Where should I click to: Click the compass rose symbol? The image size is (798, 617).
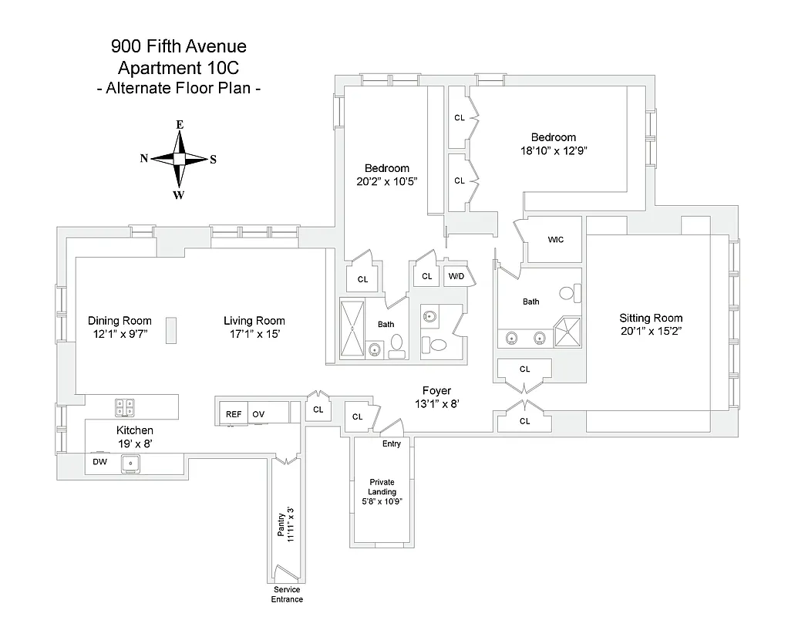click(179, 159)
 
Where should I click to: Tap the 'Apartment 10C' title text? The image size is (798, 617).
click(179, 67)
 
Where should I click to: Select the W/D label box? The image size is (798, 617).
click(456, 276)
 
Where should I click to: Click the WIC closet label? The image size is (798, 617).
click(555, 240)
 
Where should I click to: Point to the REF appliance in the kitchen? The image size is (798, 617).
click(233, 414)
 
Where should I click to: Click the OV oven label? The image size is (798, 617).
click(258, 414)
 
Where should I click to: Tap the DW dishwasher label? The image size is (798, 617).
click(100, 462)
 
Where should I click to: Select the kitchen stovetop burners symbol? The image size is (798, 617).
click(125, 406)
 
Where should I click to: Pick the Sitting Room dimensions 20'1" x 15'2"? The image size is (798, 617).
click(652, 332)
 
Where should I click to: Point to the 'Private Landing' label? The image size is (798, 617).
click(382, 487)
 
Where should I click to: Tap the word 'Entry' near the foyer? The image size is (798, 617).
click(392, 444)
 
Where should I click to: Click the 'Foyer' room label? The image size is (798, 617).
click(436, 391)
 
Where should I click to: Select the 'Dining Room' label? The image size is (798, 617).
click(120, 321)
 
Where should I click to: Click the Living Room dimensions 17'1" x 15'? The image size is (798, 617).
click(254, 335)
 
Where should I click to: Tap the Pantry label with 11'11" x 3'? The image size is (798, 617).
click(285, 524)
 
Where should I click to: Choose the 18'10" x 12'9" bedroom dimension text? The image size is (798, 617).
click(555, 151)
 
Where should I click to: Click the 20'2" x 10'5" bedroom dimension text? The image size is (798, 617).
click(387, 182)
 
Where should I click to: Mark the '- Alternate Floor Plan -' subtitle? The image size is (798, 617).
click(179, 88)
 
